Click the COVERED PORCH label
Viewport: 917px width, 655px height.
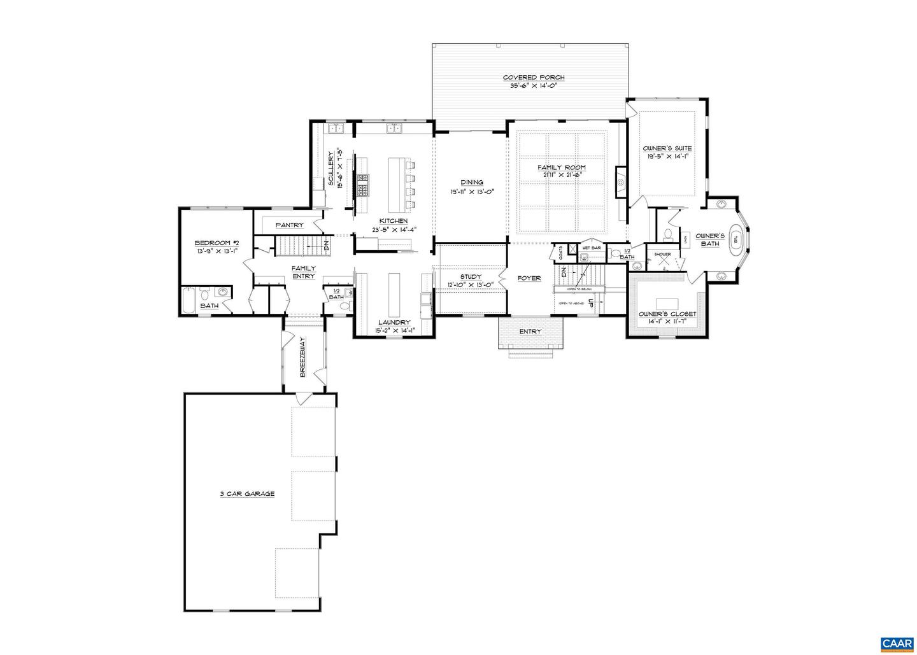[x=533, y=78]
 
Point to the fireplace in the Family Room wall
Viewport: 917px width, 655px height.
[x=620, y=181]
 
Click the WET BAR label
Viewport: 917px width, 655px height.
[x=592, y=248]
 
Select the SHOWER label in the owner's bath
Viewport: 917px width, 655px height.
[x=663, y=255]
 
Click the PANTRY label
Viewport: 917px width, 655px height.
[x=289, y=225]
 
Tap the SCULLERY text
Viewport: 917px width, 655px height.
[x=332, y=169]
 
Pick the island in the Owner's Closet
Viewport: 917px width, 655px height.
[x=667, y=301]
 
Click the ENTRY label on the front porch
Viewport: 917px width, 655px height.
[x=530, y=332]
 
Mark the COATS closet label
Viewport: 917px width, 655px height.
[x=560, y=253]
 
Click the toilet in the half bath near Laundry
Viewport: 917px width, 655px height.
[x=345, y=306]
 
